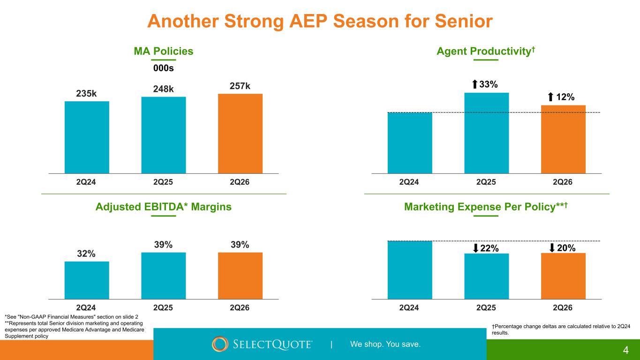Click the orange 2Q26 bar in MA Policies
(x=240, y=134)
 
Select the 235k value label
(x=87, y=93)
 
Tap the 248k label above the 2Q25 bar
(x=163, y=89)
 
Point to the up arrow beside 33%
(x=474, y=84)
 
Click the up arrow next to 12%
(x=551, y=97)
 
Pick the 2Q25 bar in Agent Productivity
(x=486, y=133)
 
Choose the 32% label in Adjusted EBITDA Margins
(x=87, y=254)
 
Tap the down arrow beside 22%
(x=476, y=248)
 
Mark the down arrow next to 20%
(x=552, y=247)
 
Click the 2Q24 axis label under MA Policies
(x=87, y=182)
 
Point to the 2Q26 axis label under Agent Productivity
(x=563, y=182)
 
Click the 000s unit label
(x=164, y=68)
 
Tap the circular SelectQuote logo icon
(x=220, y=344)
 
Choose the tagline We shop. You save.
(x=385, y=345)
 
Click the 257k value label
(x=240, y=86)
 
